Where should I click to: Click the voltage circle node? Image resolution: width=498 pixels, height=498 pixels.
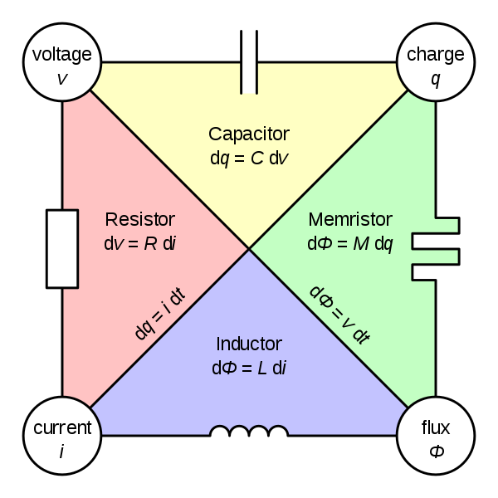click(x=61, y=64)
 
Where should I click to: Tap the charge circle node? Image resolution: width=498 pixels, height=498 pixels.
click(x=435, y=64)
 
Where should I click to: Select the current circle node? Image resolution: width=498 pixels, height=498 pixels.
click(x=61, y=437)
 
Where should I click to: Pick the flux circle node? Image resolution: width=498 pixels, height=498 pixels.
click(x=435, y=437)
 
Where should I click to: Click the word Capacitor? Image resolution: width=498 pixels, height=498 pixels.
click(x=249, y=134)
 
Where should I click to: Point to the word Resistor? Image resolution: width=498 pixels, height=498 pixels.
click(x=140, y=220)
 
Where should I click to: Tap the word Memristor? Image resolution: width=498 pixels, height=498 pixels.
click(x=349, y=220)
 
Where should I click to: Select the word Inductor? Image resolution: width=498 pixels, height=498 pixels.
click(x=249, y=344)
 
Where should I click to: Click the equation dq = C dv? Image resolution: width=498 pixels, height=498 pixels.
click(x=249, y=156)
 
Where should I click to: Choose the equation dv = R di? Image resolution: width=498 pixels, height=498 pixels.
click(x=140, y=243)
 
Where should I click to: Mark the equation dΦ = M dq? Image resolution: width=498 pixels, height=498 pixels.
click(x=349, y=243)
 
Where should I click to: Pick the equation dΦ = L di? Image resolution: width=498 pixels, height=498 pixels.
click(x=249, y=366)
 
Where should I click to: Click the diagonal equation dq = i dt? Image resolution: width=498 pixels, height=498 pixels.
click(x=159, y=315)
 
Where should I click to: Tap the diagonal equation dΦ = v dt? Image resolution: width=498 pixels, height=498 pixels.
click(x=339, y=315)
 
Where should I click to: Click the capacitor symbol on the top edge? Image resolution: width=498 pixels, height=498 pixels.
click(x=249, y=77)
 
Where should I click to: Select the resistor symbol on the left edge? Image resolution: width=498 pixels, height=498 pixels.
click(x=71, y=249)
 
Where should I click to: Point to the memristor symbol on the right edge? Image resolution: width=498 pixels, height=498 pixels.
click(x=435, y=249)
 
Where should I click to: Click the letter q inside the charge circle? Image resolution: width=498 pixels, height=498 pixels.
click(x=435, y=79)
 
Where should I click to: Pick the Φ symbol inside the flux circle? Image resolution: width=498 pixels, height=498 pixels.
click(x=435, y=452)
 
